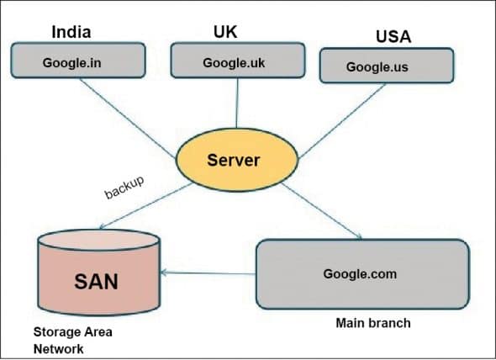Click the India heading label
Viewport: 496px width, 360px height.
[71, 33]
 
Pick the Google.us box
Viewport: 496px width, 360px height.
[387, 66]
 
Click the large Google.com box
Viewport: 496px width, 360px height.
[361, 273]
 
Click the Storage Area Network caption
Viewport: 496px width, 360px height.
[72, 339]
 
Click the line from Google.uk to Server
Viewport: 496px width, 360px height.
[236, 105]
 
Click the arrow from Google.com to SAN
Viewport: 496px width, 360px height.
[210, 273]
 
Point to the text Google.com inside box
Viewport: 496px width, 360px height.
[360, 274]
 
